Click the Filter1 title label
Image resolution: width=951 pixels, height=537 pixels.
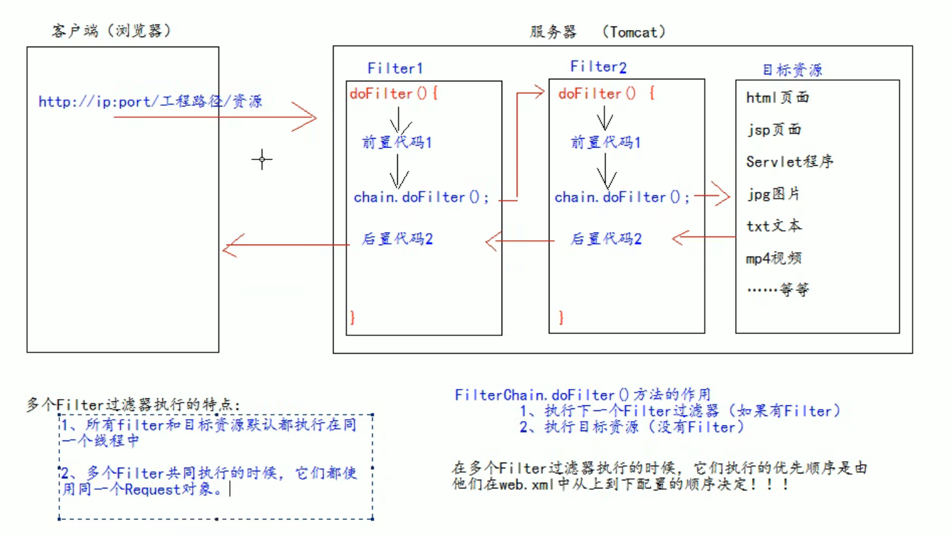[x=395, y=68]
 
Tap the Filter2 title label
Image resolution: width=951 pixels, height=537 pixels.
[x=598, y=67]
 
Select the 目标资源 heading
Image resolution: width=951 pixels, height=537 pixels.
[x=792, y=70]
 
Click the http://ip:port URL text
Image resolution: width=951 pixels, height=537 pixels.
[x=150, y=101]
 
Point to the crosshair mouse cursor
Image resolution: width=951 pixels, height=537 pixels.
[x=262, y=159]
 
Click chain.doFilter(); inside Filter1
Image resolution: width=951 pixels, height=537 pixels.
[x=421, y=197]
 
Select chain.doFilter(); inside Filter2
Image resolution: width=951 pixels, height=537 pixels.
[x=622, y=197]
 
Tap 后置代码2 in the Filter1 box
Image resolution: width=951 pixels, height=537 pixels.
[x=397, y=239]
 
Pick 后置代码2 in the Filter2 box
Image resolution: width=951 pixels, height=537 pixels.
[x=605, y=239]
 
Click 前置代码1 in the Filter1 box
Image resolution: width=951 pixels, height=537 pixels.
[x=397, y=142]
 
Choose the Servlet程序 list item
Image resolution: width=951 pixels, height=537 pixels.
[x=789, y=162]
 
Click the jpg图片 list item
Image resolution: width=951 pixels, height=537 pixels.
[x=773, y=194]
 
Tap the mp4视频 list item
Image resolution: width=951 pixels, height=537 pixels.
[x=774, y=258]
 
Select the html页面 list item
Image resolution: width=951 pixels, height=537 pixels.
[x=777, y=98]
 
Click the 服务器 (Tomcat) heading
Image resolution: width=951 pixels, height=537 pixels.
[x=597, y=32]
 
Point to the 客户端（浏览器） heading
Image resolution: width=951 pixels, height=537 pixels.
[x=111, y=31]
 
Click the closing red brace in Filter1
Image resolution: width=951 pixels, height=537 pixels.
[x=352, y=317]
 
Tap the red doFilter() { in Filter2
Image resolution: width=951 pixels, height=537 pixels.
[x=606, y=94]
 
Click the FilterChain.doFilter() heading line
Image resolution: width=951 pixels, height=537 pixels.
[x=582, y=395]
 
